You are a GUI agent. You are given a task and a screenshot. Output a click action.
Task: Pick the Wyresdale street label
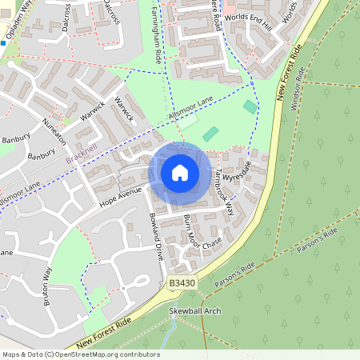(237, 170)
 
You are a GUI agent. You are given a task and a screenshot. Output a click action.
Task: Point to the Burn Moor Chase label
(201, 231)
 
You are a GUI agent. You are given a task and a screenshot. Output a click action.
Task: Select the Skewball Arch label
(194, 310)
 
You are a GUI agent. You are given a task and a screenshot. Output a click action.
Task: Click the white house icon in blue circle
(180, 174)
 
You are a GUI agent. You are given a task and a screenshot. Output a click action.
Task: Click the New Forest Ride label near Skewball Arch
(104, 333)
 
